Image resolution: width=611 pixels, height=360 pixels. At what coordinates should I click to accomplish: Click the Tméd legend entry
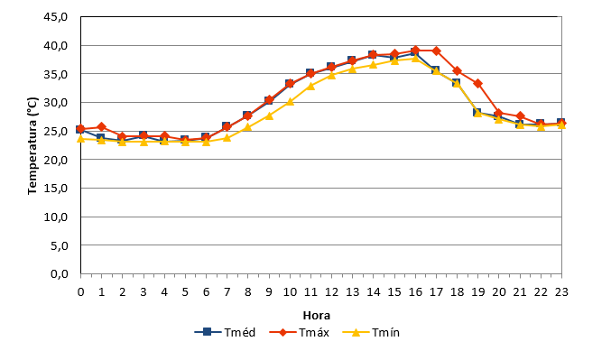[x=225, y=332]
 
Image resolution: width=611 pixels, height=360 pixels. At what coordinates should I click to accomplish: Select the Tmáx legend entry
[x=300, y=332]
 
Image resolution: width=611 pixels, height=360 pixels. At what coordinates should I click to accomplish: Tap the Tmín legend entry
[x=371, y=332]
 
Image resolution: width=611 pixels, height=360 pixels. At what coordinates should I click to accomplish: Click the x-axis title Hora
[x=317, y=315]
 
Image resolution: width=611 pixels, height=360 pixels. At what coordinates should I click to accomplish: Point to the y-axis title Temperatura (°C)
[x=32, y=146]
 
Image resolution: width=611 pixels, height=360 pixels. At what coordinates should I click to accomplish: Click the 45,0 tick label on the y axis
[x=56, y=17]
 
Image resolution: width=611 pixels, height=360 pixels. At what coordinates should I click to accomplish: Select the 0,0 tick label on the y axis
[x=59, y=274]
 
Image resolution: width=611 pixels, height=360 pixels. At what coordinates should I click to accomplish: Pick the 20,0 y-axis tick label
[x=56, y=160]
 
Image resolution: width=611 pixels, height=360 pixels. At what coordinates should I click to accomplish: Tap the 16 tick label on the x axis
[x=415, y=291]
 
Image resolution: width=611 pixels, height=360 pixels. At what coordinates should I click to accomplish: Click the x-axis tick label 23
[x=561, y=291]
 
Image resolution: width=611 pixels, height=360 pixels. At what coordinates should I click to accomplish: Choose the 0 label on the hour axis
[x=80, y=291]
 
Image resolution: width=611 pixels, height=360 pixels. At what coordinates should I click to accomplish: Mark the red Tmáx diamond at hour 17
[x=437, y=51]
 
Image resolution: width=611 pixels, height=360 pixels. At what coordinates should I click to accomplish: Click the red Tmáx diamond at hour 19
[x=478, y=83]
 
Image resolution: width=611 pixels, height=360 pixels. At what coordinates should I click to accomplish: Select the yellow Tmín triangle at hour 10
[x=290, y=101]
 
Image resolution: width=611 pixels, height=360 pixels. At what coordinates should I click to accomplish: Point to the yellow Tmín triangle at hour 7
[x=227, y=137]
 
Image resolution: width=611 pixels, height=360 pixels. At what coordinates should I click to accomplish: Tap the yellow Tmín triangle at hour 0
[x=80, y=138]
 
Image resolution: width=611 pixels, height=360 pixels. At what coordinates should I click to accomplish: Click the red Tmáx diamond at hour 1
[x=101, y=126]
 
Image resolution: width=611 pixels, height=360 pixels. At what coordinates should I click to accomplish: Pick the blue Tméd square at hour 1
[x=100, y=138]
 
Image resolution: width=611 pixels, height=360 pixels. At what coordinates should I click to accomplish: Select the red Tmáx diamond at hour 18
[x=457, y=71]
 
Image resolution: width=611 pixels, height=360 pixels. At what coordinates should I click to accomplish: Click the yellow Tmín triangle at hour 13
[x=353, y=69]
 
